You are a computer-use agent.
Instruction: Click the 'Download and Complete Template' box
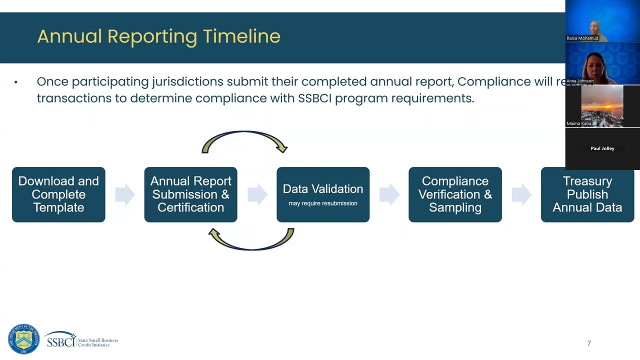pos(58,194)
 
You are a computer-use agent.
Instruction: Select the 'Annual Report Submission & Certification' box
pos(190,194)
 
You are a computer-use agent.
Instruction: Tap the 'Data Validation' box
pos(322,194)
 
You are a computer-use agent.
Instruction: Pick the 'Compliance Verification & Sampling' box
pos(455,194)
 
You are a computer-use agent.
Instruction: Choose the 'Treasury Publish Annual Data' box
pos(587,194)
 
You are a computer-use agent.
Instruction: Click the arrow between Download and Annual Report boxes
pos(124,194)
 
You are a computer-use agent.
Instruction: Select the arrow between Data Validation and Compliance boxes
pos(389,194)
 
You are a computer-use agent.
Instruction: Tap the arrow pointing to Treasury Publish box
pos(521,194)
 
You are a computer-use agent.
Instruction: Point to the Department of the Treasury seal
pos(23,339)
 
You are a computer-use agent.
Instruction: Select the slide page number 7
pos(589,343)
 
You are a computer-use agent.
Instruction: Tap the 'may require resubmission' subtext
pos(322,203)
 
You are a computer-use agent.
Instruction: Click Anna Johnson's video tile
pos(602,64)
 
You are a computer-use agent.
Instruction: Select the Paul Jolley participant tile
pos(602,148)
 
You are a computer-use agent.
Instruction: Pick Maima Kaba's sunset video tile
pos(602,106)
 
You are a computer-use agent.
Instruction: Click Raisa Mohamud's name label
pos(582,38)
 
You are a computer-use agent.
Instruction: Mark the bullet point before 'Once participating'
pos(16,82)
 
